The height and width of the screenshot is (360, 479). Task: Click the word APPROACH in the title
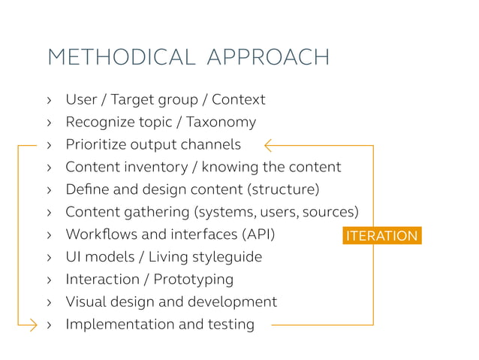coord(268,57)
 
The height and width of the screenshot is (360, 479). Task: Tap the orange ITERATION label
coord(381,235)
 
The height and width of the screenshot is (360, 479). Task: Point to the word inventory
coord(149,167)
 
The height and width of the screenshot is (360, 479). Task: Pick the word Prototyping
coord(194,280)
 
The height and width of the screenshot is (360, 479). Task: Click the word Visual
coord(86,302)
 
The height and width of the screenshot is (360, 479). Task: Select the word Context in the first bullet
coord(239,99)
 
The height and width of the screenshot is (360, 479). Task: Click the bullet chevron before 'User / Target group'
coord(49,100)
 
